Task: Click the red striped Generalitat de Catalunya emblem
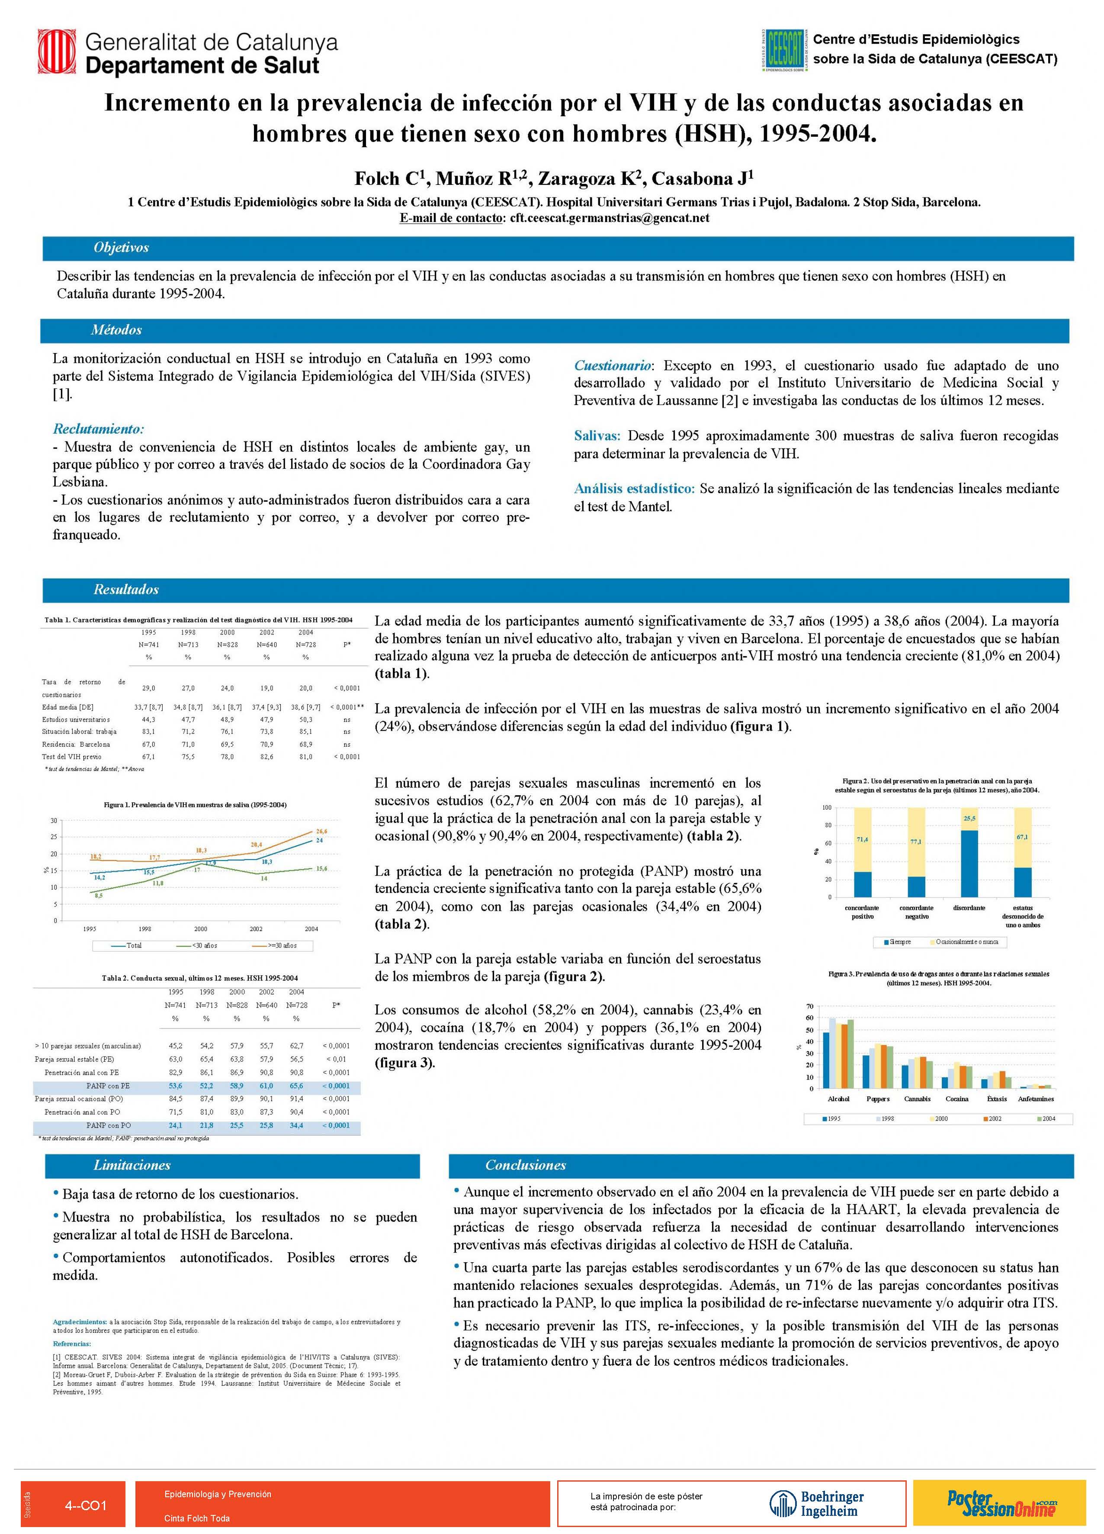pyautogui.click(x=58, y=53)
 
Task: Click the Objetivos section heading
pyautogui.click(x=121, y=248)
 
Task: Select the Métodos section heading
pyautogui.click(x=116, y=330)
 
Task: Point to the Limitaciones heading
pyautogui.click(x=132, y=1165)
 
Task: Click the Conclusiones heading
pyautogui.click(x=525, y=1165)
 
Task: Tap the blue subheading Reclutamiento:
pyautogui.click(x=99, y=429)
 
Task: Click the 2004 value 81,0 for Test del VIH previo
pyautogui.click(x=305, y=757)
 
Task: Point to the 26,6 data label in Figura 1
pyautogui.click(x=321, y=831)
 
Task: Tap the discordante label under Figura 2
pyautogui.click(x=969, y=909)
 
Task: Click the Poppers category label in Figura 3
pyautogui.click(x=877, y=1099)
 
